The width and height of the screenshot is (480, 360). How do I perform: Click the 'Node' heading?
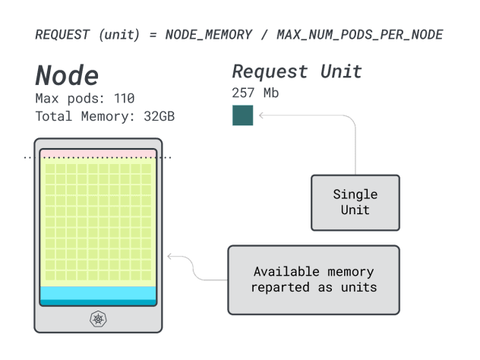pos(67,75)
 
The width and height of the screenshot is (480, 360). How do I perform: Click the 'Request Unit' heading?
pos(296,72)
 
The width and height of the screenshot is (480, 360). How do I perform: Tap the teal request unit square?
pos(242,115)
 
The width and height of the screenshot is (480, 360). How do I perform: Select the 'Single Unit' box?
pos(355,202)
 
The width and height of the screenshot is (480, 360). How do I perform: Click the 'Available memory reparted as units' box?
pos(314,279)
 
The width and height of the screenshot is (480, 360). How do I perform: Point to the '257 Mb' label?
pos(254,93)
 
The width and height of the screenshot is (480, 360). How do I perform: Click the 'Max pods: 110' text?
pos(84,98)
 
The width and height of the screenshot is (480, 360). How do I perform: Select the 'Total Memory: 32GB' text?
pos(105,116)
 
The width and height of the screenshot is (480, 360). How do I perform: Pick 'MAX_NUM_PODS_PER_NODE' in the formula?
pos(360,34)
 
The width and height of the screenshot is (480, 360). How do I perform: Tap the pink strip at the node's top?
pos(98,153)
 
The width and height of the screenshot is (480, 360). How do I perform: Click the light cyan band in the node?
pos(98,293)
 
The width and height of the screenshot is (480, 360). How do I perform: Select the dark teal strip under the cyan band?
pos(98,302)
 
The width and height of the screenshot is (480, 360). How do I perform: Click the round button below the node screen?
pos(98,319)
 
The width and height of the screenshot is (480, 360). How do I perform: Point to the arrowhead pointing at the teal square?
pos(261,115)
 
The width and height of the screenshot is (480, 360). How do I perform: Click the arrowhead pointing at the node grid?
pos(169,257)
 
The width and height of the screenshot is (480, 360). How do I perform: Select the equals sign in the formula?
pos(153,34)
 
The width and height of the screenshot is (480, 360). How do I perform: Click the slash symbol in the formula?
pos(264,34)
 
